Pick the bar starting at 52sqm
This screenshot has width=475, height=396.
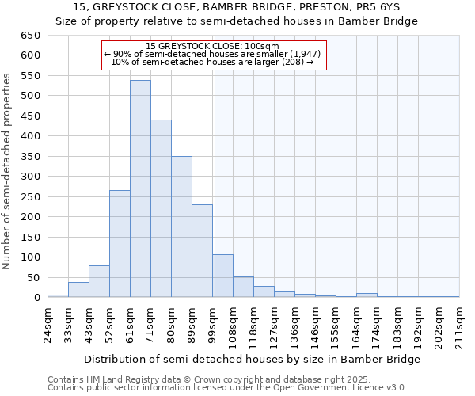pyautogui.click(x=120, y=244)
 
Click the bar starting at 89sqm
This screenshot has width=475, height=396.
pyautogui.click(x=202, y=251)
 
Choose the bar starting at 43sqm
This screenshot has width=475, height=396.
pyautogui.click(x=99, y=281)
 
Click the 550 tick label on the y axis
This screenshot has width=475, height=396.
pyautogui.click(x=30, y=76)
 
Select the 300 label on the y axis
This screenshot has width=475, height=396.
pyautogui.click(x=30, y=177)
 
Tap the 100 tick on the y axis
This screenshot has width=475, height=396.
pyautogui.click(x=30, y=257)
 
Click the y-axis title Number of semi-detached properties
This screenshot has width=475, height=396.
pyautogui.click(x=7, y=171)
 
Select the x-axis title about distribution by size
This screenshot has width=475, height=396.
pyautogui.click(x=252, y=359)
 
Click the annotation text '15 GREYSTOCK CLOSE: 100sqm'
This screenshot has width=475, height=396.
pyautogui.click(x=213, y=47)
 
